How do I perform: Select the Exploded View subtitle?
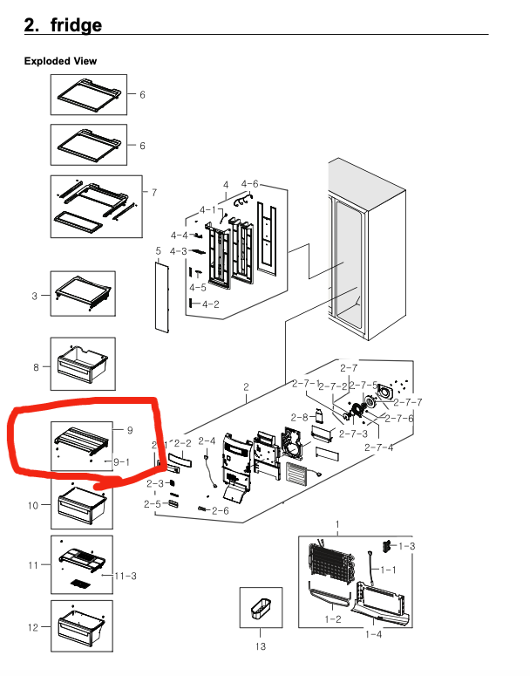click(60, 61)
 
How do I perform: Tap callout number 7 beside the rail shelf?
click(154, 192)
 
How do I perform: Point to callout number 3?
click(35, 296)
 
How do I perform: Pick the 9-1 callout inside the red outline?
click(122, 461)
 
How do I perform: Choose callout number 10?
click(32, 505)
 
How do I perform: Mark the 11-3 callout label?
click(126, 575)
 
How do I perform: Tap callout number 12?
click(32, 627)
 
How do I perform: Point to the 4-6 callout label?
click(249, 184)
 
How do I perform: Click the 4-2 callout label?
click(210, 304)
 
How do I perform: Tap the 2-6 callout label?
click(220, 510)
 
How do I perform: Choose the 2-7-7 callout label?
click(408, 402)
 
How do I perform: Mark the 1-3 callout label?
click(407, 546)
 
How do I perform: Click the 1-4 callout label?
click(373, 634)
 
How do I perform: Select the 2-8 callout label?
click(299, 417)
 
